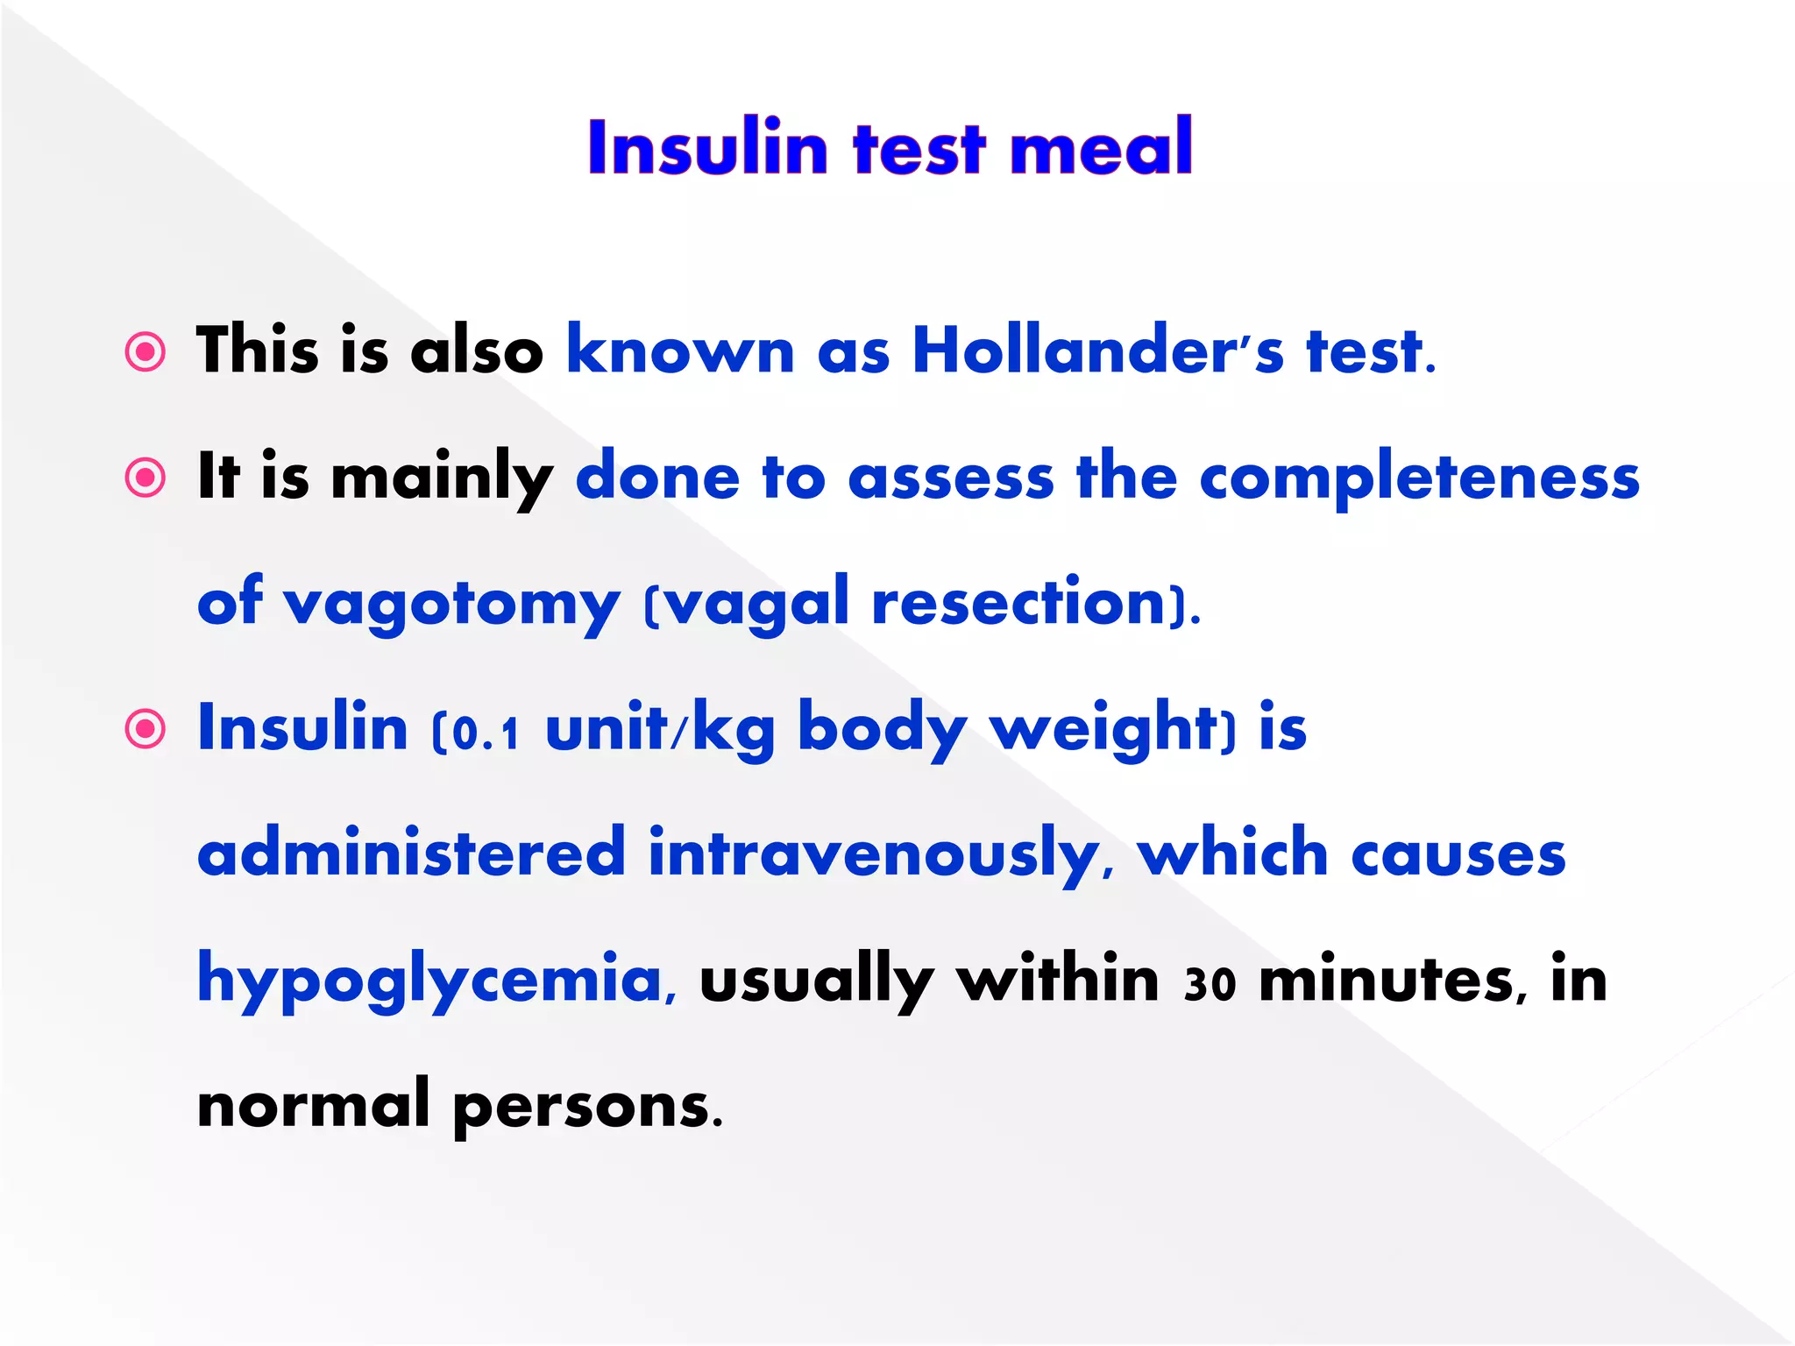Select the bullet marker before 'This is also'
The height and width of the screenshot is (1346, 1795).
(x=145, y=352)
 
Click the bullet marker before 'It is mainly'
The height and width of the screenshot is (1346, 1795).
(x=145, y=478)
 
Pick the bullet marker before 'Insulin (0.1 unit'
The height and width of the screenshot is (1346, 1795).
(x=145, y=729)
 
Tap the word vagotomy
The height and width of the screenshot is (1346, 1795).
(x=451, y=605)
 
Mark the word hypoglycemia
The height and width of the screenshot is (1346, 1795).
(x=429, y=980)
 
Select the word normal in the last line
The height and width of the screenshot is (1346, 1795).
(x=313, y=1106)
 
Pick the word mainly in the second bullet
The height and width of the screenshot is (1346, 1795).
(x=442, y=478)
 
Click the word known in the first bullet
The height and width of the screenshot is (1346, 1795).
(x=680, y=351)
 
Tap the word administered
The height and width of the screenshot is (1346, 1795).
(x=411, y=854)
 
